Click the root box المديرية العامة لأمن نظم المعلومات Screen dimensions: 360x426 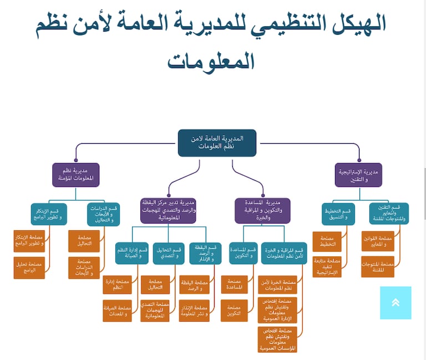click(x=217, y=143)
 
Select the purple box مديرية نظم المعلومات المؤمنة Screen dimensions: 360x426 click(x=76, y=174)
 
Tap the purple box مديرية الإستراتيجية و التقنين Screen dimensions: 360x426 click(x=358, y=174)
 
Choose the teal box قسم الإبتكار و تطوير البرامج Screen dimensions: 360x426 click(x=48, y=214)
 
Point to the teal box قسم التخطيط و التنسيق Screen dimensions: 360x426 click(x=338, y=214)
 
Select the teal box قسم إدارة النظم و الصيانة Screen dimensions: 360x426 click(x=132, y=253)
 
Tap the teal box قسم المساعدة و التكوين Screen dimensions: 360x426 click(x=243, y=253)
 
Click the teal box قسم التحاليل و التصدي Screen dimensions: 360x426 click(x=169, y=253)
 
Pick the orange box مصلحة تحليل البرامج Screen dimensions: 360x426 click(x=29, y=267)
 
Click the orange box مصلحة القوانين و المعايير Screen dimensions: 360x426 click(x=377, y=241)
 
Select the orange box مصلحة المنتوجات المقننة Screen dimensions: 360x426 click(x=377, y=267)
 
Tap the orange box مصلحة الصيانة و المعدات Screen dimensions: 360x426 click(x=117, y=311)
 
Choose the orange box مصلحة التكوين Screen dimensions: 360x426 click(x=234, y=311)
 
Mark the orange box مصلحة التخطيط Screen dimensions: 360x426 click(x=327, y=241)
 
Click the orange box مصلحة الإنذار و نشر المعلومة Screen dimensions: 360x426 click(x=194, y=311)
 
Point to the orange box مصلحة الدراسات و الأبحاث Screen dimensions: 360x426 click(x=84, y=267)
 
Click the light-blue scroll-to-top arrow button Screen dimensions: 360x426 click(x=395, y=302)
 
